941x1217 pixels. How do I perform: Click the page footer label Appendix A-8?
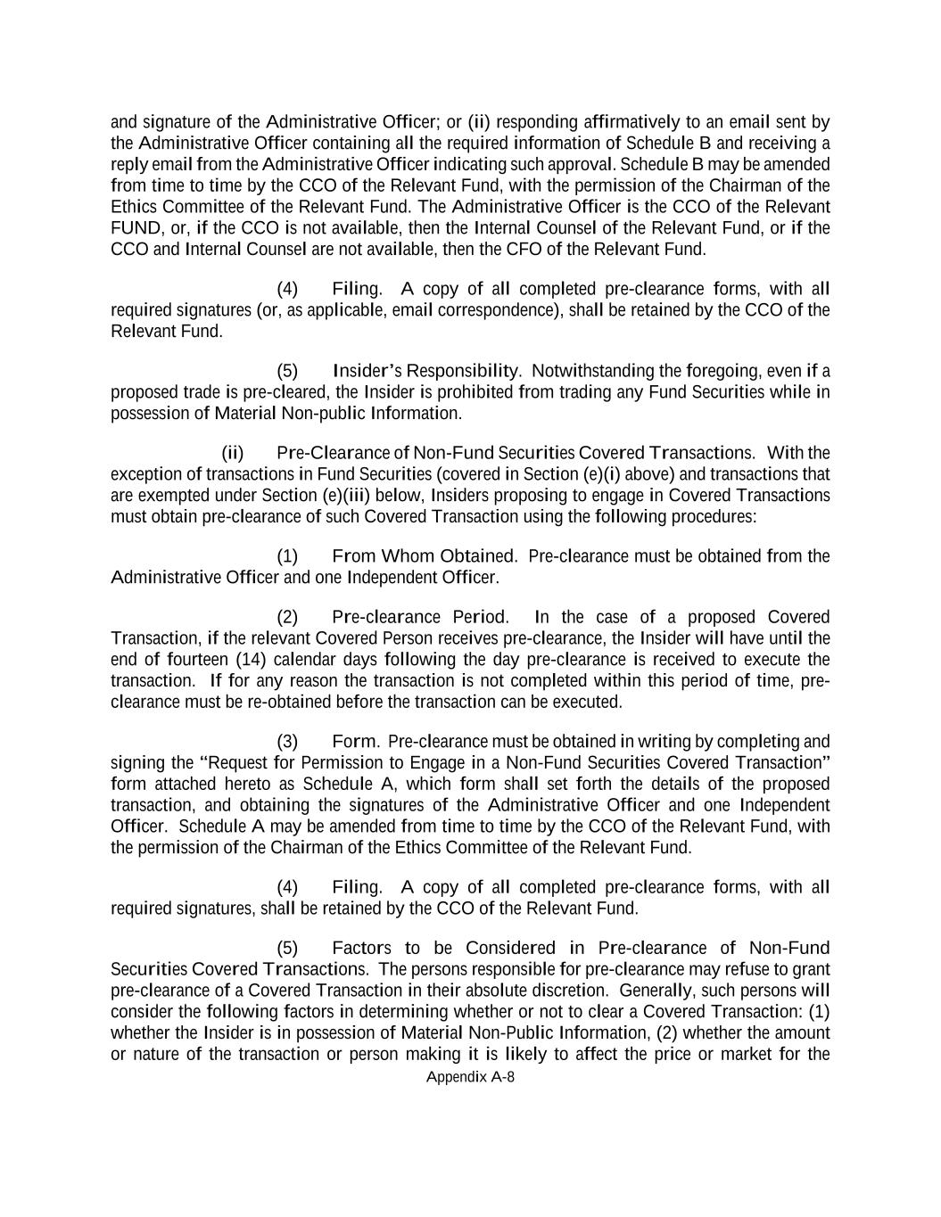(470, 1076)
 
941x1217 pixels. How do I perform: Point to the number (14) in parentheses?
(251, 660)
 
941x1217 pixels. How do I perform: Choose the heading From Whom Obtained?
(424, 556)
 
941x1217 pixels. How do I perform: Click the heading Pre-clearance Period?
(420, 617)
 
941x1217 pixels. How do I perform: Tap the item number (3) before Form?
(287, 742)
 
